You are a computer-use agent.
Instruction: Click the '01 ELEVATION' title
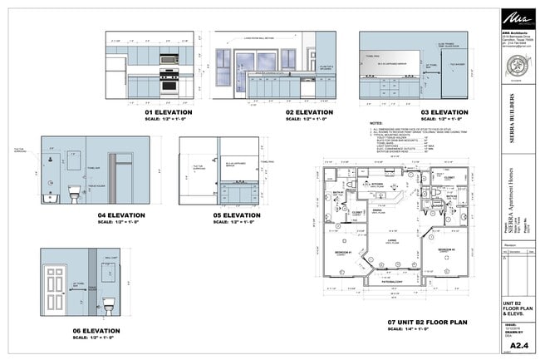click(169, 111)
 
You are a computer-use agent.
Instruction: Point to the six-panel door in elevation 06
click(55, 290)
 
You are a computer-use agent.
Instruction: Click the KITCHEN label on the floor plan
click(376, 185)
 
